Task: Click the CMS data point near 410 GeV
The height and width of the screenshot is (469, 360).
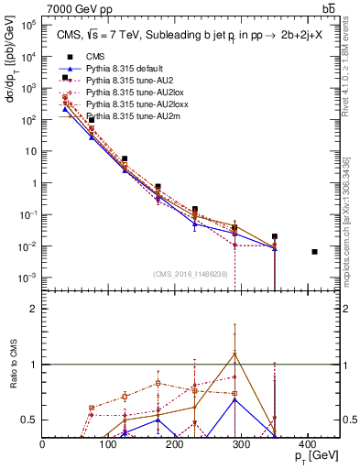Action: click(314, 252)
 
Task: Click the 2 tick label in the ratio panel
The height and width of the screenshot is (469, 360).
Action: click(34, 309)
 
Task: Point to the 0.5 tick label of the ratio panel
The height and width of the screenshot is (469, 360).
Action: click(30, 420)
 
